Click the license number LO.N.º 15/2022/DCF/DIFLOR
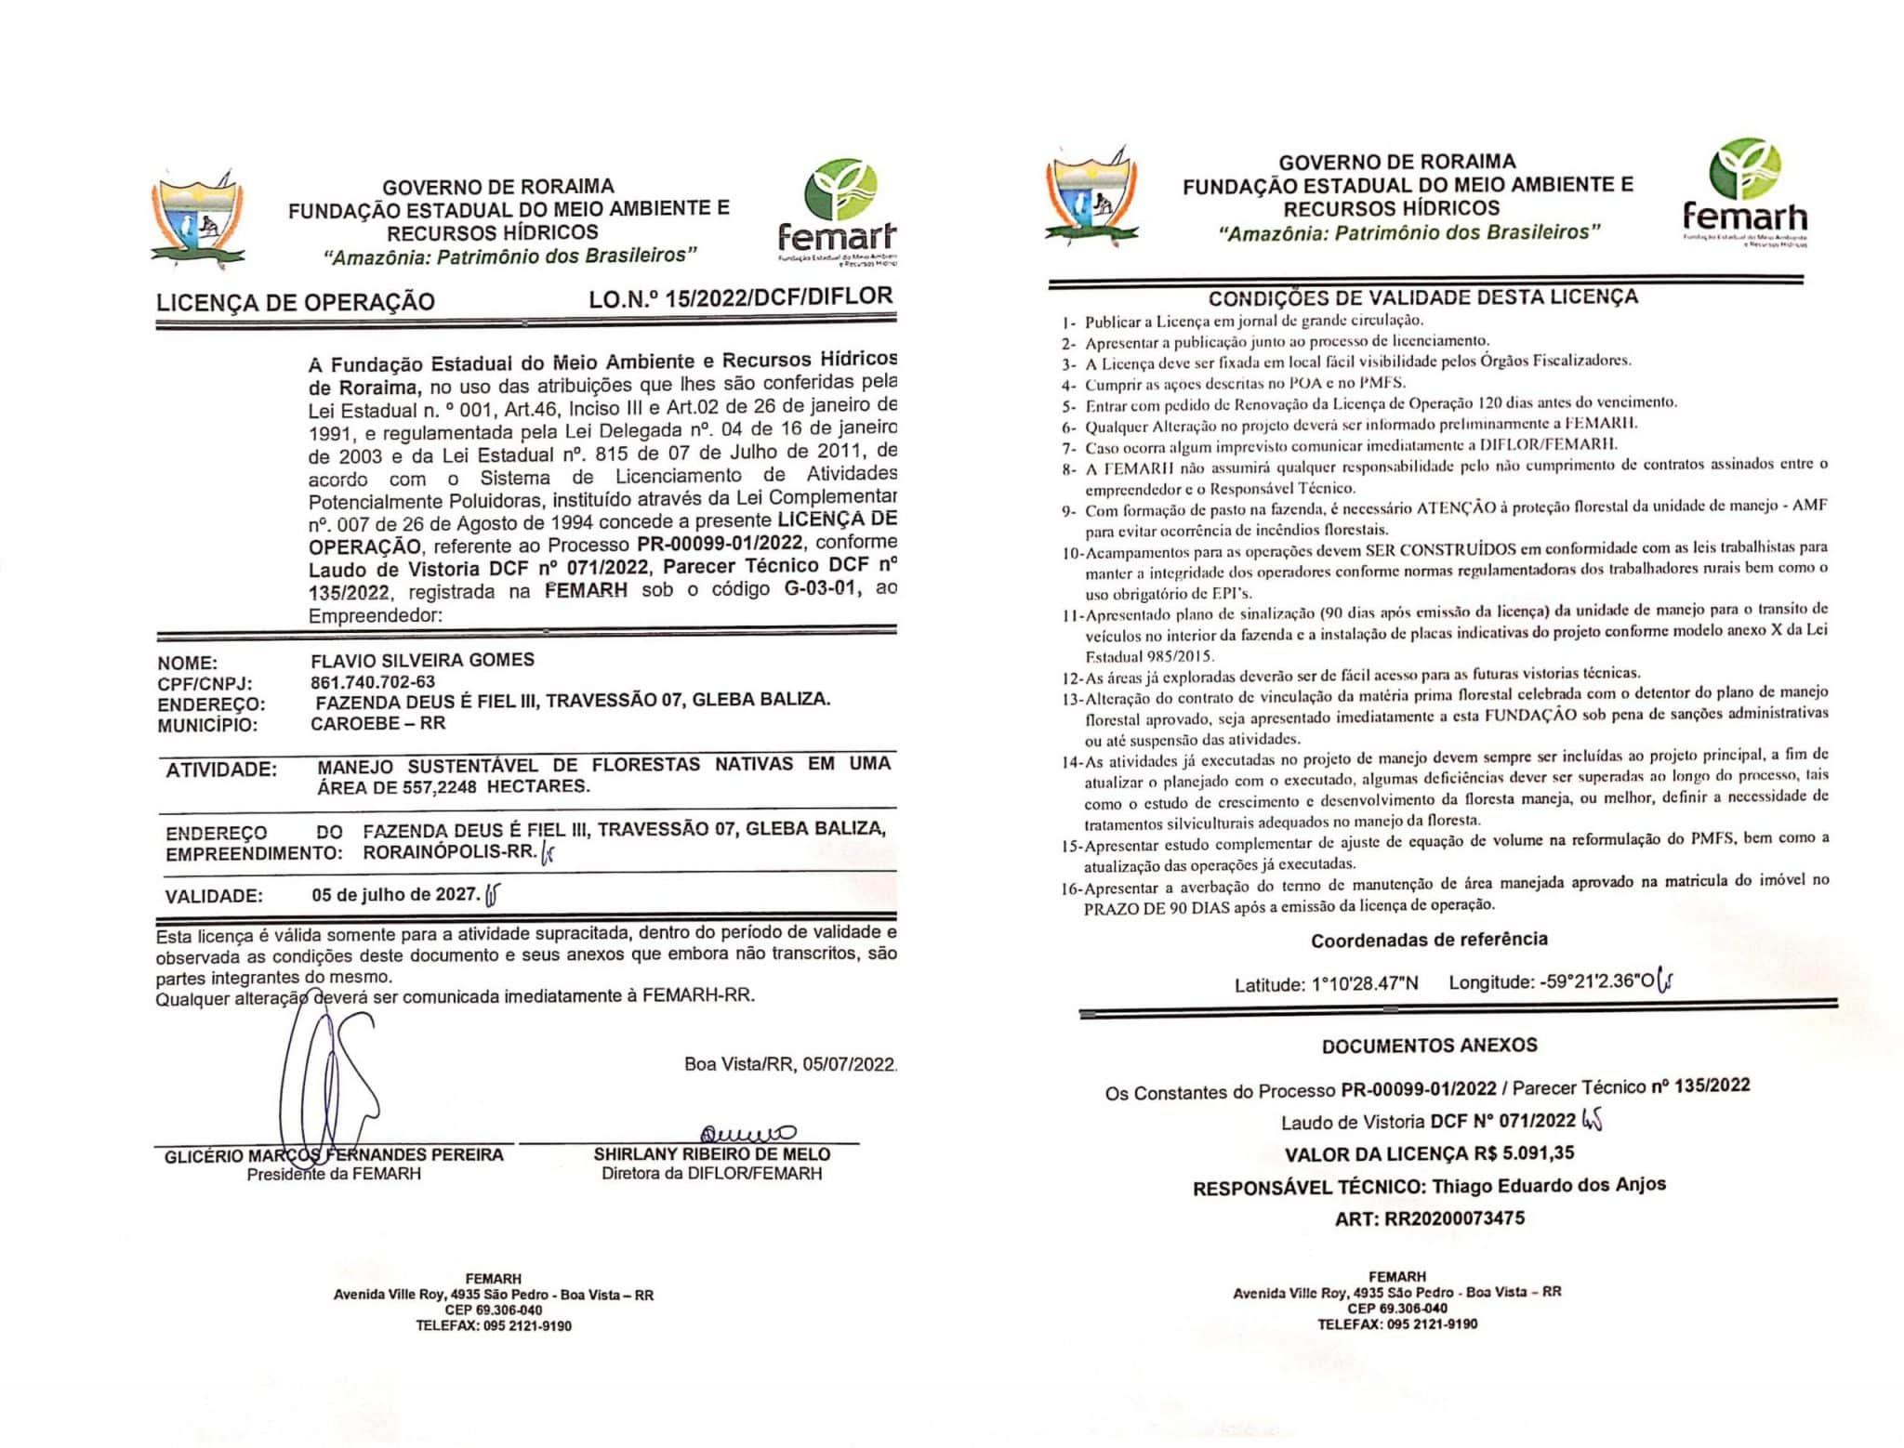coord(740,297)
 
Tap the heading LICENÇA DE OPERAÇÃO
coord(295,302)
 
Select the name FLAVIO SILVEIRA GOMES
coord(422,660)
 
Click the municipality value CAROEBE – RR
coord(379,723)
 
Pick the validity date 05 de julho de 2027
coord(395,895)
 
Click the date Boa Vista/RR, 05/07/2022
coord(790,1064)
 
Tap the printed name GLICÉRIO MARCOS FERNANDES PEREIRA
coord(334,1155)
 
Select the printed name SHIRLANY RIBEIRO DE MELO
coord(712,1154)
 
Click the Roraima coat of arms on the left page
coord(198,219)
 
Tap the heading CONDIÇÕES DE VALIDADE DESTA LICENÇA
coord(1422,297)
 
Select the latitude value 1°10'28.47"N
coord(1364,984)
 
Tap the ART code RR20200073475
coord(1454,1218)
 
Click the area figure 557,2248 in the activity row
coord(429,786)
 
